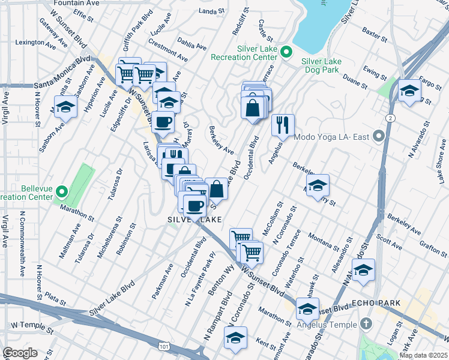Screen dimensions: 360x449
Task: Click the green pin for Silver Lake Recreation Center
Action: [286, 52]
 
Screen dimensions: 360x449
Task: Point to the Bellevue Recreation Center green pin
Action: [62, 193]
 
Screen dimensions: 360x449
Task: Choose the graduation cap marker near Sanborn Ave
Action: [66, 108]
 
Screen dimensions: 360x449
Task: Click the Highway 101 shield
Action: [164, 346]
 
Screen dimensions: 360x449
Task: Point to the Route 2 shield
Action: [391, 118]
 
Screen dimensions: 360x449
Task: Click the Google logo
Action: [20, 353]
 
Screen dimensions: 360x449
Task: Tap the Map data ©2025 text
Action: [423, 355]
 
